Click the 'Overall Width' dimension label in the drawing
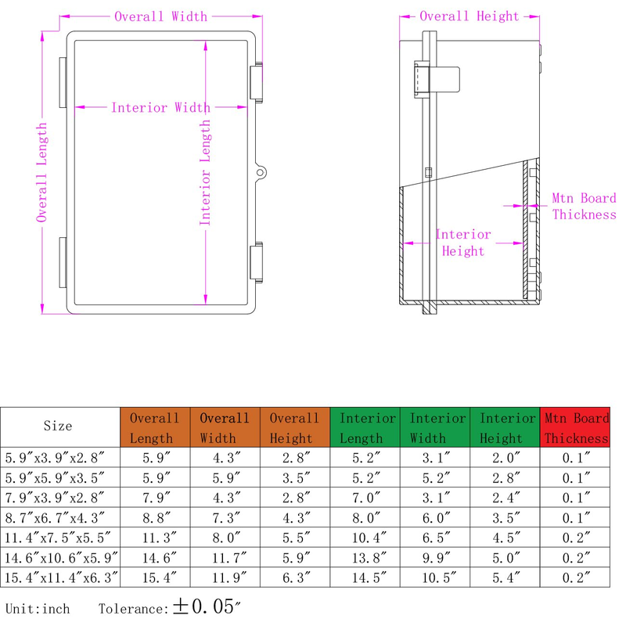[x=161, y=16]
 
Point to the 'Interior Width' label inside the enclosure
[x=160, y=108]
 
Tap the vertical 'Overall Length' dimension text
[x=42, y=172]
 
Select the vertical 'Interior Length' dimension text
[x=205, y=172]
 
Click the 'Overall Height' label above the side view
[x=469, y=16]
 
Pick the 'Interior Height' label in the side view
[x=462, y=243]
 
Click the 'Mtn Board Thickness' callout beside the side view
[x=584, y=207]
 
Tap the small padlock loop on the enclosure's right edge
[x=261, y=171]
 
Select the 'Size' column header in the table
[x=58, y=426]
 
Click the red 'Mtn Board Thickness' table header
[x=575, y=428]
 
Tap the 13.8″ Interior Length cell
[x=365, y=557]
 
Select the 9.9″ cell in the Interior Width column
[x=435, y=557]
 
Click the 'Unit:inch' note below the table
[x=38, y=609]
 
